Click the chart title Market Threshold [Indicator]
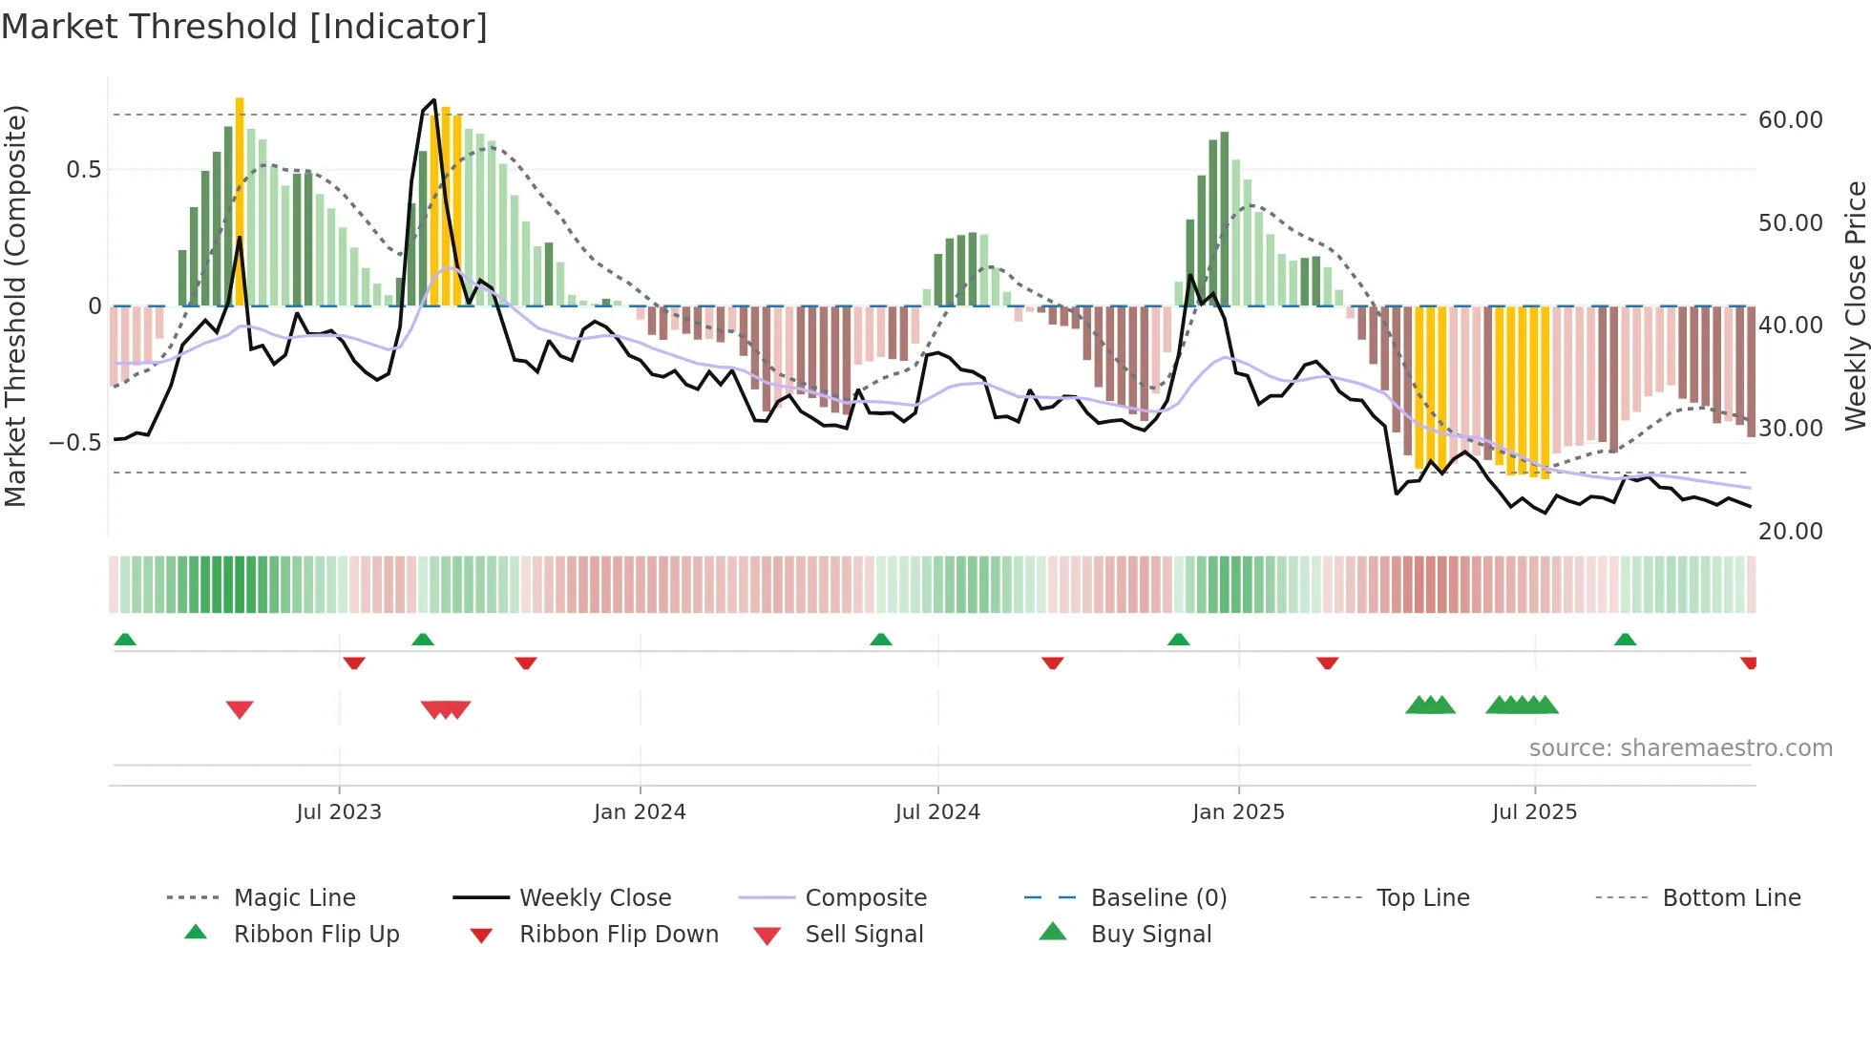click(x=244, y=27)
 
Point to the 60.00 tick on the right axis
click(x=1790, y=120)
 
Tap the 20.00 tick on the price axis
click(x=1790, y=532)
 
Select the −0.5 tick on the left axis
click(x=74, y=443)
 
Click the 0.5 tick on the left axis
click(x=83, y=170)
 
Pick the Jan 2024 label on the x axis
click(x=640, y=812)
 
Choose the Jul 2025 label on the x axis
click(x=1534, y=812)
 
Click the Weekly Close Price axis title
click(x=1855, y=305)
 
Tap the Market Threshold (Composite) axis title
click(x=15, y=305)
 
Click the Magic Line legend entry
click(x=294, y=898)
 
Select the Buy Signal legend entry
click(x=1150, y=935)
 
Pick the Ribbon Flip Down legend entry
click(x=619, y=935)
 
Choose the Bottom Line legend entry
click(x=1731, y=898)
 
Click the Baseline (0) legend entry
click(x=1158, y=898)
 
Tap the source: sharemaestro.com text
click(x=1680, y=748)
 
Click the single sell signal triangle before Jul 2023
click(x=240, y=709)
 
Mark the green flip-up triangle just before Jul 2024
click(x=881, y=640)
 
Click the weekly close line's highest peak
click(x=434, y=100)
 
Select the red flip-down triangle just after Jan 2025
click(x=1327, y=663)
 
